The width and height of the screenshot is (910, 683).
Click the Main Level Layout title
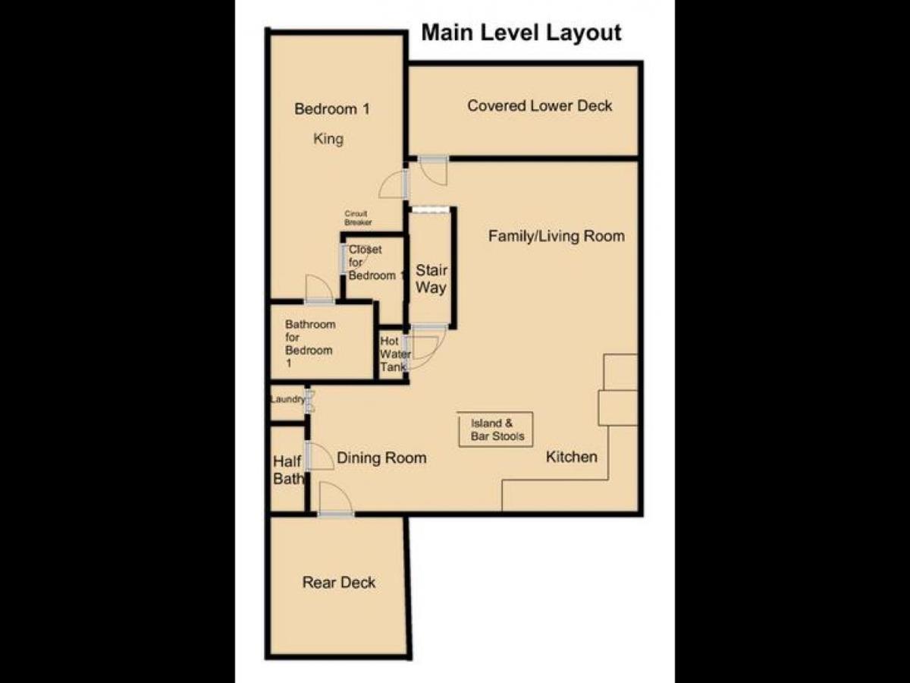pos(521,33)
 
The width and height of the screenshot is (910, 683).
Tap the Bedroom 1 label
pos(331,109)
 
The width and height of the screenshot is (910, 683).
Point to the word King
pos(328,139)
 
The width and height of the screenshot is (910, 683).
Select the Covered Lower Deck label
pos(539,105)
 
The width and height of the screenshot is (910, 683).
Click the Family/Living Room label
pos(557,236)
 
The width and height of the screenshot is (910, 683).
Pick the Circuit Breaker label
pos(358,218)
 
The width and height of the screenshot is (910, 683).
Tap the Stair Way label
pos(431,279)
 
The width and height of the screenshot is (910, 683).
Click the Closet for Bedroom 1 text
pos(375,263)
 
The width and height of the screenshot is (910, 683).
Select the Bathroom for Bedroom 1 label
pos(310,343)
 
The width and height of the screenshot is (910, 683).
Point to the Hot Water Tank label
pos(395,354)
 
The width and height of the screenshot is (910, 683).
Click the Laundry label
pos(287,399)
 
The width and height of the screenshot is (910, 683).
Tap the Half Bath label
pos(289,470)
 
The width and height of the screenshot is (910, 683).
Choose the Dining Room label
pos(381,458)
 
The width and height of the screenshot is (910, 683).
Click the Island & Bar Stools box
pos(495,430)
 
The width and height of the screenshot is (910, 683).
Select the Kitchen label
pos(571,457)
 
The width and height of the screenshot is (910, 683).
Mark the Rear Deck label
pos(339,583)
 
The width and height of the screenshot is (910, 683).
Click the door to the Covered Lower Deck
pos(433,170)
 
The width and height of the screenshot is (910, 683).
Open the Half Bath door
pos(319,456)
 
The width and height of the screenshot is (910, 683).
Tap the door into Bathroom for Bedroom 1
pos(319,288)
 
